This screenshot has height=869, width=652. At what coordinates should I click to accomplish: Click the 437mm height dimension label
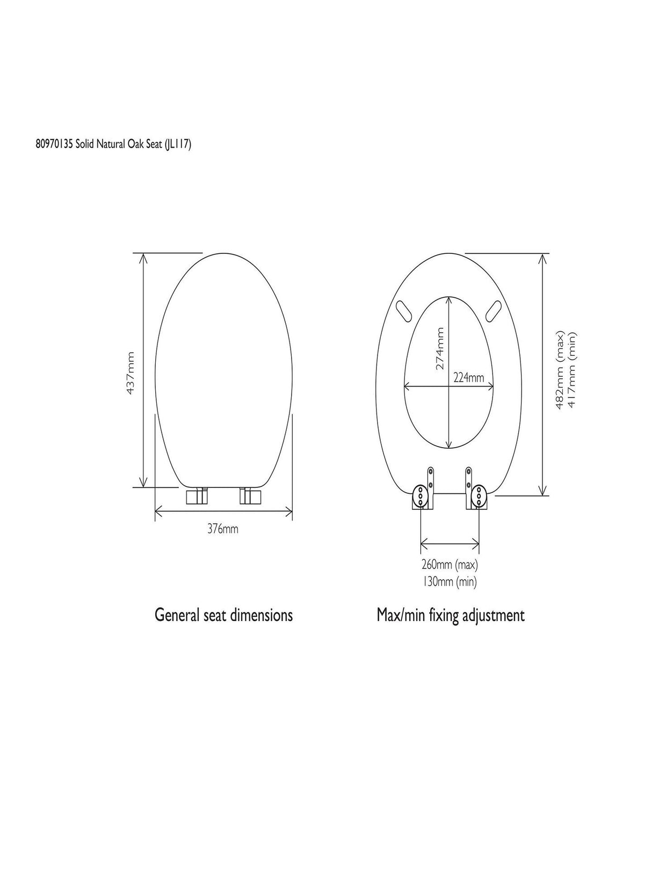point(131,374)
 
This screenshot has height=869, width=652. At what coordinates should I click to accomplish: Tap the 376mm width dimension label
point(223,529)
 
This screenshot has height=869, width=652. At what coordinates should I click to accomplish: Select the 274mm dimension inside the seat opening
point(440,348)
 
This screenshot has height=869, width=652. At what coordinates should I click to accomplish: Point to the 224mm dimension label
point(469,377)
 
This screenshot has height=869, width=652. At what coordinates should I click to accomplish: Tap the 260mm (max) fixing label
point(450,565)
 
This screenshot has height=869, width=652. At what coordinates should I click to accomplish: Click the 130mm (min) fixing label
point(450,581)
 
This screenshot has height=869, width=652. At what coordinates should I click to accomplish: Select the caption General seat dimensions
point(223,615)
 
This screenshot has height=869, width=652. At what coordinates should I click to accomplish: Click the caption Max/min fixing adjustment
point(450,615)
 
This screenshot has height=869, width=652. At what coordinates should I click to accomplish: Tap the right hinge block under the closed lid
point(250,495)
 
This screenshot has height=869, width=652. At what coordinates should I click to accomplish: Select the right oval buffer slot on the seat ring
point(493,310)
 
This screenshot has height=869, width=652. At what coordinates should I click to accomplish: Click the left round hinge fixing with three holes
point(419,496)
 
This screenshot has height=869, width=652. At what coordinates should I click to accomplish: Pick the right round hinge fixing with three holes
point(479,496)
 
